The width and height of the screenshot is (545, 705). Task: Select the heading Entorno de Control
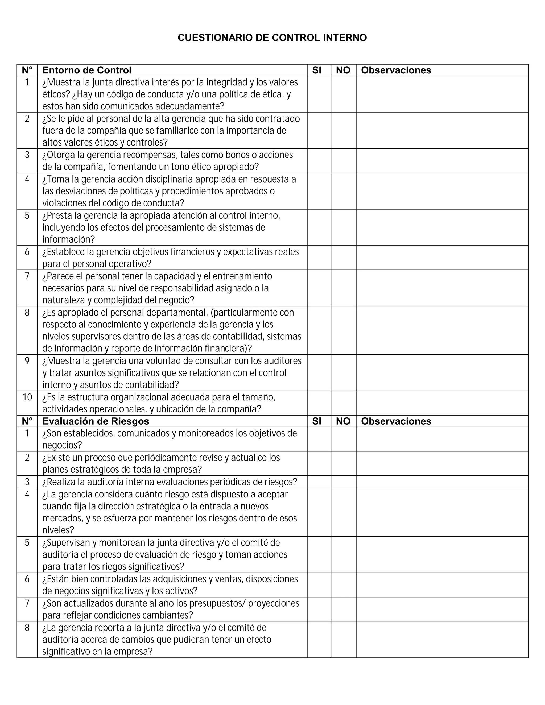87,70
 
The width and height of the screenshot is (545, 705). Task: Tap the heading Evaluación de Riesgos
96,421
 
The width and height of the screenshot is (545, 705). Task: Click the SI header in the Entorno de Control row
317,70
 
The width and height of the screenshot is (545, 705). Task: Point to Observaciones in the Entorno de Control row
396,70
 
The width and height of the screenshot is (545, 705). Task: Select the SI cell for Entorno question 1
319,94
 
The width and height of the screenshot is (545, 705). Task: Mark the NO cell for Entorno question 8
344,330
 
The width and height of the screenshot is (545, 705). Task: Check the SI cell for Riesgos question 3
319,482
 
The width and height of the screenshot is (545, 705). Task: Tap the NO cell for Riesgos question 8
344,640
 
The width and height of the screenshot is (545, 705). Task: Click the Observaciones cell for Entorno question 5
442,227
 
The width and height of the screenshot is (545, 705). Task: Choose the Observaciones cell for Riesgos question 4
442,512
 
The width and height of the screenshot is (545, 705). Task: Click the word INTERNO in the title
345,38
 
